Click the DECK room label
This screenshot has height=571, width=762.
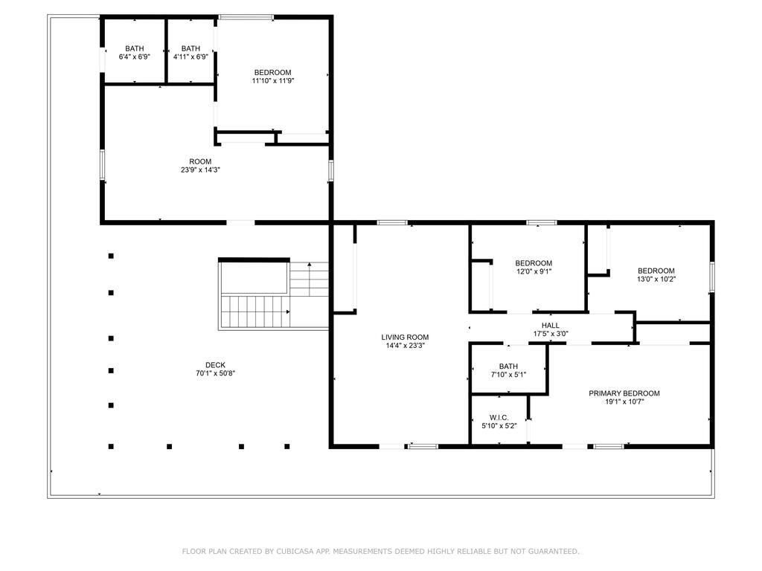coord(215,365)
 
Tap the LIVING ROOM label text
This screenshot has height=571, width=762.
coord(405,338)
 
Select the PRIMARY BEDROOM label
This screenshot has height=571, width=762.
coord(624,393)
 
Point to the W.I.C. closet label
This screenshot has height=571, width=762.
coord(499,418)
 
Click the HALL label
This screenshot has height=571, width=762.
coord(551,326)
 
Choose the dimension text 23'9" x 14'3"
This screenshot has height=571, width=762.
coord(200,170)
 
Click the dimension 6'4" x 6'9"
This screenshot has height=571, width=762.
coord(135,57)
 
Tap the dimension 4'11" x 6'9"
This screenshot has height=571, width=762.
coord(190,57)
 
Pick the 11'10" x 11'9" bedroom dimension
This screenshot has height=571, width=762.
coord(272,80)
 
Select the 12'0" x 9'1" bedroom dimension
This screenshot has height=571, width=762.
coord(534,271)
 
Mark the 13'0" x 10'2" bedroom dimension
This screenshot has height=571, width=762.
coord(656,280)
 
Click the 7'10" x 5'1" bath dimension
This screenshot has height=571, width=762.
coord(508,375)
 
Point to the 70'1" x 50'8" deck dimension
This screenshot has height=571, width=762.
coord(215,373)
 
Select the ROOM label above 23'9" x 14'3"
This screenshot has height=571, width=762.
coord(200,161)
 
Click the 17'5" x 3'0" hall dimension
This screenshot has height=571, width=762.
coord(551,334)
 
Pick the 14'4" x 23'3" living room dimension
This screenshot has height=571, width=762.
coord(405,346)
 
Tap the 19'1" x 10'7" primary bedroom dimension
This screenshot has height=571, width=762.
coord(624,401)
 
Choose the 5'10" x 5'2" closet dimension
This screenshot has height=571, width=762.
coord(499,426)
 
